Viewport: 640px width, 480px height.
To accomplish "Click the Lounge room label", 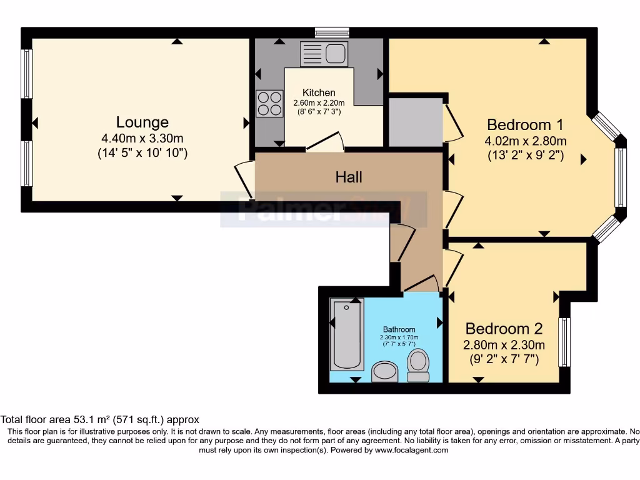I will pos(142,122).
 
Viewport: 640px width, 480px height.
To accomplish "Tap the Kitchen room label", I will pos(319,92).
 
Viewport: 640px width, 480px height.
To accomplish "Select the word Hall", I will pos(349,177).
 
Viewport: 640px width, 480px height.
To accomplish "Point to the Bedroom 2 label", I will pos(504,328).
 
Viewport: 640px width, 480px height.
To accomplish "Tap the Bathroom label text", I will pos(399,329).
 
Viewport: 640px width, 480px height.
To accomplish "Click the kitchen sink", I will pos(323,54).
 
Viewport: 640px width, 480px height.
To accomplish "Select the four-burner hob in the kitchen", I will pos(269,104).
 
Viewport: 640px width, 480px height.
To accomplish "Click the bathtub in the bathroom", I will pos(346,334).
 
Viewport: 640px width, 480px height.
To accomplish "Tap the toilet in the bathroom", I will pos(417,365).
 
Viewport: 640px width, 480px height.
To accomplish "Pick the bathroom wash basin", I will pos(385,371).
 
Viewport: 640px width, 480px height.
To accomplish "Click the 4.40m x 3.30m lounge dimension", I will pos(142,138).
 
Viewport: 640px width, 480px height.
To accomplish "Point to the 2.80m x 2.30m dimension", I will pos(504,345).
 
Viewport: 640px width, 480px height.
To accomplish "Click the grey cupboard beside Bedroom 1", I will pos(416,121).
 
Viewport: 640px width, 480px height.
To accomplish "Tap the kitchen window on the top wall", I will pos(332,32).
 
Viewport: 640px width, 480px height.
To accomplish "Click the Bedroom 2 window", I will pos(564,342).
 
